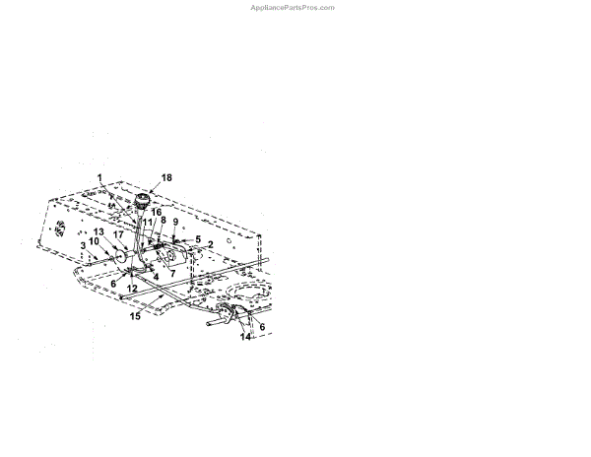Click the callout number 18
(166, 177)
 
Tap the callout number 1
(99, 177)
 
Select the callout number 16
(157, 212)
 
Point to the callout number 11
(148, 223)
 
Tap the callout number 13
(98, 232)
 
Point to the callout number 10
(94, 242)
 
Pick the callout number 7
(172, 273)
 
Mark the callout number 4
(155, 277)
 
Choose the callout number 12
(131, 288)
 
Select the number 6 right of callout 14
(262, 327)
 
